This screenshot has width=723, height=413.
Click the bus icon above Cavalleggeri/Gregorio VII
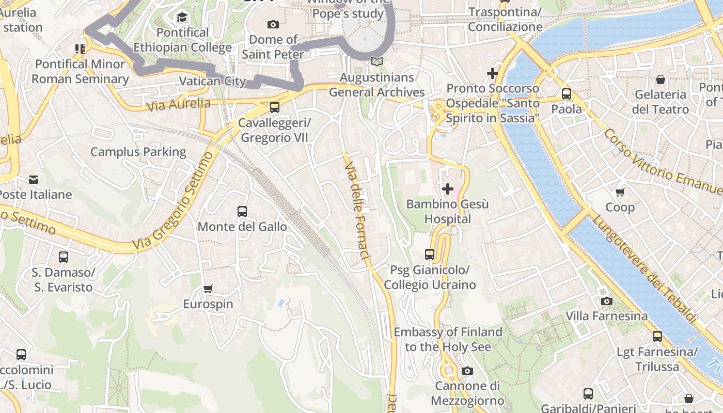tap(275, 107)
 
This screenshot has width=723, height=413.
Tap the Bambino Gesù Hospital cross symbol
tap(448, 189)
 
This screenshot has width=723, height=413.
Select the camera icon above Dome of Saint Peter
tap(273, 24)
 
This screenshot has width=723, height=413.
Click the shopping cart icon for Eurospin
tap(208, 289)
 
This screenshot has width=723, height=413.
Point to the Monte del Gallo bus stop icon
tap(242, 211)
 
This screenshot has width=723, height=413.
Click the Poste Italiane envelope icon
tap(34, 180)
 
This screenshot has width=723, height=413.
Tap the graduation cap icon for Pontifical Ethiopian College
tap(182, 18)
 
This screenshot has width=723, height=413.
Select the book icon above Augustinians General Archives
tap(377, 62)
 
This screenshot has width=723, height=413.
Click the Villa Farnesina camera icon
tap(607, 301)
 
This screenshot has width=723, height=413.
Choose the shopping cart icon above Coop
tap(620, 192)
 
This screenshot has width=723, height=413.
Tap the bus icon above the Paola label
tap(567, 94)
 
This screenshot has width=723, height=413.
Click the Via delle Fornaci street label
tap(358, 212)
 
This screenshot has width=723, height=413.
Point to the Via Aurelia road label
tap(179, 105)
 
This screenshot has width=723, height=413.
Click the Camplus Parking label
tap(138, 152)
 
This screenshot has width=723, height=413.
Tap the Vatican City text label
tap(212, 81)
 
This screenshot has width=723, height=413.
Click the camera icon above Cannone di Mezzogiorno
tap(467, 371)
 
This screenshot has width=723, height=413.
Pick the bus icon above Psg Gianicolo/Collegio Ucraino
tap(430, 254)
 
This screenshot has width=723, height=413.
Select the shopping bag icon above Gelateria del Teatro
tap(660, 80)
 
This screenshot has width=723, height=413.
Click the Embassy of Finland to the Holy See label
tap(448, 339)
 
